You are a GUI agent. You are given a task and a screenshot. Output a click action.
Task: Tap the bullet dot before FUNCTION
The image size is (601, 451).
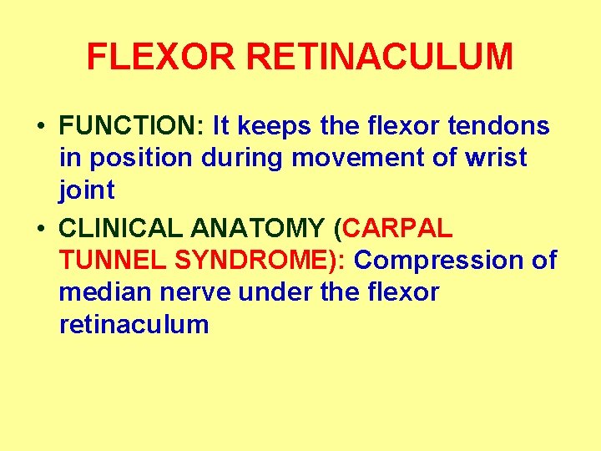(40, 127)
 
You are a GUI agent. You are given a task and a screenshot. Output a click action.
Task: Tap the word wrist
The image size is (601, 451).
(492, 159)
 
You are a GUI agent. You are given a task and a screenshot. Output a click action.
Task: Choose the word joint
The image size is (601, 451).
(87, 191)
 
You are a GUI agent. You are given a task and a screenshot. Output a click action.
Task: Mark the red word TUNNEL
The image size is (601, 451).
(113, 261)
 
